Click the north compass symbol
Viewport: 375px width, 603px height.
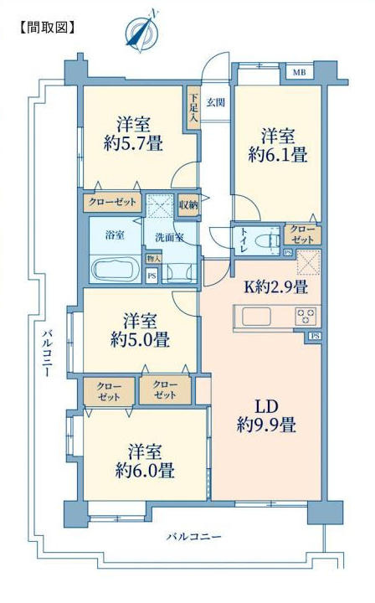[143, 31]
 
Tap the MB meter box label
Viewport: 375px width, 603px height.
[300, 72]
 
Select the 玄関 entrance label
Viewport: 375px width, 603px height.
[216, 103]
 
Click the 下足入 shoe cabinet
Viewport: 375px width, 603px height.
[193, 108]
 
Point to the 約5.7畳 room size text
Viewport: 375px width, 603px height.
[133, 143]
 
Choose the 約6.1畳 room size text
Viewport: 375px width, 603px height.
[277, 155]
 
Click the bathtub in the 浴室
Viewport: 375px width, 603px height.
[116, 270]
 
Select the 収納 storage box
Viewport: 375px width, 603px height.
[188, 205]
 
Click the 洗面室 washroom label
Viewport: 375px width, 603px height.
[169, 237]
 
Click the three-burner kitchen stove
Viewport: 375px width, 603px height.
[306, 316]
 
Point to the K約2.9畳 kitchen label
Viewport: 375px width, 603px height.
[275, 287]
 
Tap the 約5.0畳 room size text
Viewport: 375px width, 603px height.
[140, 340]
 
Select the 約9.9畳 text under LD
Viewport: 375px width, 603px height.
[266, 425]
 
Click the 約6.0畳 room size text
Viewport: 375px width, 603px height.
[145, 471]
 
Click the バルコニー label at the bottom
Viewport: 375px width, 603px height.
[193, 537]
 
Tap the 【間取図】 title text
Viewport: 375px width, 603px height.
[47, 28]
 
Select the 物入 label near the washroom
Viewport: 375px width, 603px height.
[153, 259]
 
